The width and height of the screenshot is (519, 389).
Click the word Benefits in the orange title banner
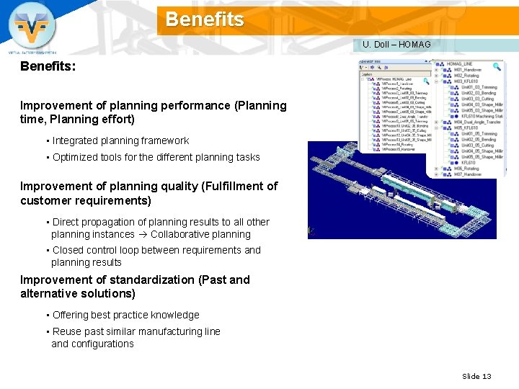(205, 19)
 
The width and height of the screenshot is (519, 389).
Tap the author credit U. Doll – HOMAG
(396, 45)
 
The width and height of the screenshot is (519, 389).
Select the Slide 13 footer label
(476, 376)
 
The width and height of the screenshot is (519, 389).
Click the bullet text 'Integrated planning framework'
(120, 140)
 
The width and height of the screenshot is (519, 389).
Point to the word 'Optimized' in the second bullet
(75, 157)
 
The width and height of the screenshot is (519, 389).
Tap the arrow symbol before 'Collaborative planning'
(143, 234)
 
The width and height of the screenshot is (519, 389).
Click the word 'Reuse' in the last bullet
(67, 331)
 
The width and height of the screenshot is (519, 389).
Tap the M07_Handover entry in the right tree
(467, 174)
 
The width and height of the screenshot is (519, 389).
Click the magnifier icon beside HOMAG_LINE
(497, 66)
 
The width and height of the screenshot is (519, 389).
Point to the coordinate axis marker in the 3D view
(311, 231)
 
